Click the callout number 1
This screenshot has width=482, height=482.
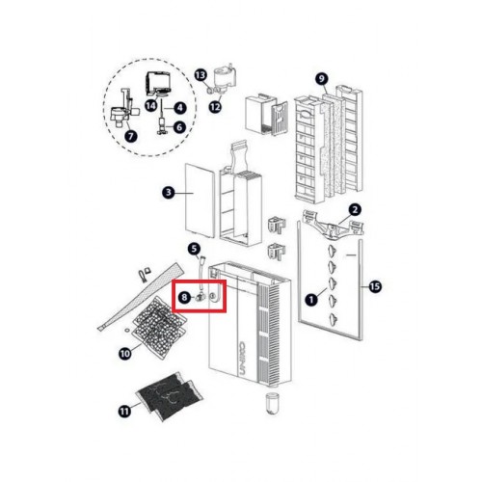pyautogui.click(x=310, y=300)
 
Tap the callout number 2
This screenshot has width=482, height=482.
pyautogui.click(x=355, y=210)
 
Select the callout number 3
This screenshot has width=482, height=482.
pyautogui.click(x=169, y=193)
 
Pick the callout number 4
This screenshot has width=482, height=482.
pyautogui.click(x=180, y=108)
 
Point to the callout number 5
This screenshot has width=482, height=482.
pyautogui.click(x=194, y=249)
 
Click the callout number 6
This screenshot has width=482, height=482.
pyautogui.click(x=179, y=127)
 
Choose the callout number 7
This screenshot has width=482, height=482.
pyautogui.click(x=131, y=137)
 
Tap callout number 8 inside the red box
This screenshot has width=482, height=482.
pyautogui.click(x=184, y=297)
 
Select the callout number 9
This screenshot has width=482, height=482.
pyautogui.click(x=322, y=79)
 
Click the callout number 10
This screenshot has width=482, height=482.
pyautogui.click(x=125, y=354)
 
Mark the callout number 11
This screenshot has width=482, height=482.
pyautogui.click(x=124, y=411)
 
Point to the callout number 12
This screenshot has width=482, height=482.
pyautogui.click(x=215, y=107)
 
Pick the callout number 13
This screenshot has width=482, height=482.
pyautogui.click(x=201, y=75)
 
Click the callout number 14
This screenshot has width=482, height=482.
pyautogui.click(x=151, y=105)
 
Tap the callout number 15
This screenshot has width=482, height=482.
pyautogui.click(x=375, y=286)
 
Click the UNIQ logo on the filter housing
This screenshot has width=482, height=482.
pyautogui.click(x=243, y=358)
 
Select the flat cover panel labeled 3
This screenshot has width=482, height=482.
pyautogui.click(x=200, y=201)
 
